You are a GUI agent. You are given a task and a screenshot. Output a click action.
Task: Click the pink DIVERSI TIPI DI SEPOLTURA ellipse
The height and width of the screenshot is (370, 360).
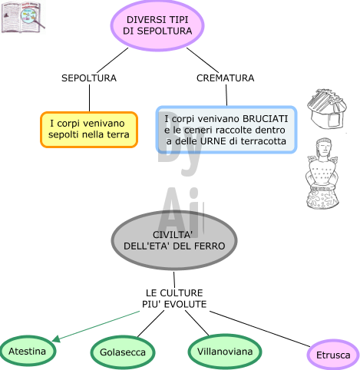coord(157,25)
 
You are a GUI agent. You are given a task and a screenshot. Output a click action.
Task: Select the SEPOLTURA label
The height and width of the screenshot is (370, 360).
coord(89,78)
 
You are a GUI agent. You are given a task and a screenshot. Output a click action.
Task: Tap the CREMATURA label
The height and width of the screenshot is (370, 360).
coord(226,78)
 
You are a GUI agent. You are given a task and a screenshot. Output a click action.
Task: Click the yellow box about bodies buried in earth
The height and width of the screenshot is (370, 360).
coord(89,130)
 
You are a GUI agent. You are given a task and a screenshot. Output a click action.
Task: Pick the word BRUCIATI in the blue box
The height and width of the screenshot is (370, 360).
coord(265,119)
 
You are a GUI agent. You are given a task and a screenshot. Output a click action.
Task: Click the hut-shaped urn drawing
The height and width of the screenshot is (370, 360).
coord(327,108)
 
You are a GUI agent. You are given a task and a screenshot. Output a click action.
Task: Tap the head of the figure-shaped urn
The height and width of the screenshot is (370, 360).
coord(324,147)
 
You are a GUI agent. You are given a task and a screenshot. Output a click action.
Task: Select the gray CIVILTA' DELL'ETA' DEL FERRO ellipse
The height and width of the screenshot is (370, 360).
coord(174,240)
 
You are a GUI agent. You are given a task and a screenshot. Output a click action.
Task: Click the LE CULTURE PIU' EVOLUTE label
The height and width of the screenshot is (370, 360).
coord(174,299)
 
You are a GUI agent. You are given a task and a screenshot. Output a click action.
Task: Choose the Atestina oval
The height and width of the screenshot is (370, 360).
coord(28,351)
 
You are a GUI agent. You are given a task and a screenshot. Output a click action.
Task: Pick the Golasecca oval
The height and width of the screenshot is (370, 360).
coord(123,352)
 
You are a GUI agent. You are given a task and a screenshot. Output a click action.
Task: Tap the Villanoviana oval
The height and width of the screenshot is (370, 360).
coord(225,352)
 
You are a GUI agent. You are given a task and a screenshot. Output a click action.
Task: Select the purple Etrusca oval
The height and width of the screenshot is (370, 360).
coord(333,355)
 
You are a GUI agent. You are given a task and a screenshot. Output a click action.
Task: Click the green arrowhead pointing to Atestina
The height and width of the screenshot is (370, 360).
coord(56,339)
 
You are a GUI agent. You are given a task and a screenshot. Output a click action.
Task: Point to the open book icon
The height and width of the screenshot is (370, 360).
coord(23,17)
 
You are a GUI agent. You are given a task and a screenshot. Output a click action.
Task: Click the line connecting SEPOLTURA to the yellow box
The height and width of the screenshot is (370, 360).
coord(89,97)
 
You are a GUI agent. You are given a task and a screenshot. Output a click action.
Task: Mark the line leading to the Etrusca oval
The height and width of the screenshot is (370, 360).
coord(260,329)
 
